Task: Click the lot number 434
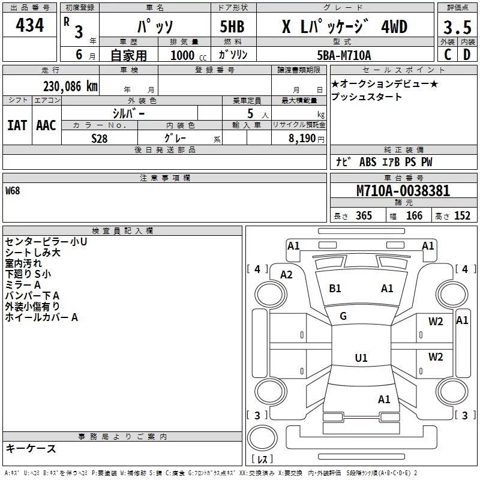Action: (29, 25)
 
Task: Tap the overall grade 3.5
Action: (457, 27)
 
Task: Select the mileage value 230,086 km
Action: (70, 86)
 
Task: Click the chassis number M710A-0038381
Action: (403, 191)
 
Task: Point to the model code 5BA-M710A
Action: (344, 55)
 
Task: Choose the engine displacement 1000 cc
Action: (188, 55)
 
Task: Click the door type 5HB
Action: (232, 26)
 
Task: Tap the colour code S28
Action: (100, 139)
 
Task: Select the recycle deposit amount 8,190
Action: (302, 139)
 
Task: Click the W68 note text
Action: (13, 191)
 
